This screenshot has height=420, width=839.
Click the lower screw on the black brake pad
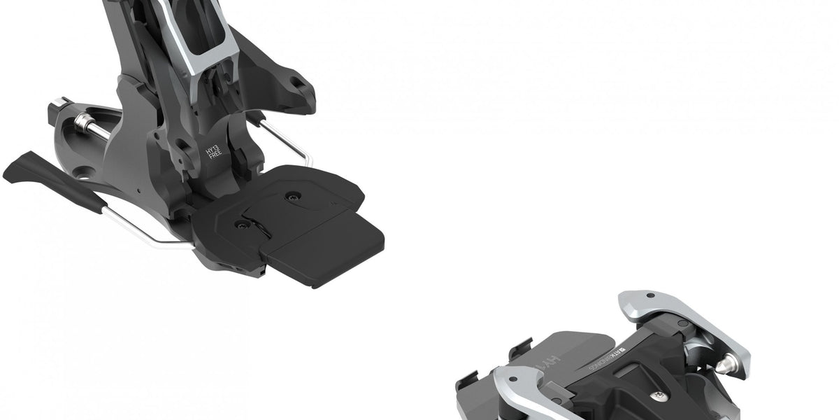[x=243, y=224]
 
